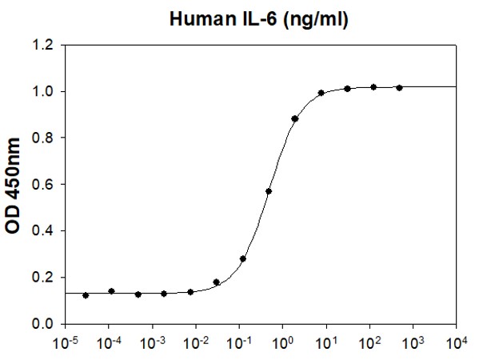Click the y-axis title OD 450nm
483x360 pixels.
(14, 185)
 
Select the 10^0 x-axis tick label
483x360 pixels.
(282, 343)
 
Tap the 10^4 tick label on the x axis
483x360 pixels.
(456, 343)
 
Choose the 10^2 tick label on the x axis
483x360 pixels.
(369, 343)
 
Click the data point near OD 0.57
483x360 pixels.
(269, 191)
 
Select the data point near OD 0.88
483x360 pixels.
(295, 118)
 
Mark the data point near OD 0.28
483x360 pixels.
(243, 258)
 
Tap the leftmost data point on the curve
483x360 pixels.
(86, 295)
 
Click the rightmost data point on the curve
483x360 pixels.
(399, 87)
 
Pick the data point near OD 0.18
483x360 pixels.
(217, 282)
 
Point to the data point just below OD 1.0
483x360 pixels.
(321, 93)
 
